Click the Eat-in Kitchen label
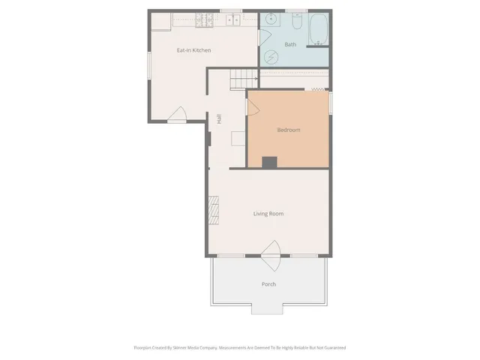pyautogui.click(x=193, y=50)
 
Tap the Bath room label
pyautogui.click(x=290, y=45)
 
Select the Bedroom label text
pyautogui.click(x=289, y=130)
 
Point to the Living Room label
pyautogui.click(x=268, y=214)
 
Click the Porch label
pyautogui.click(x=268, y=284)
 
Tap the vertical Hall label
pyautogui.click(x=219, y=118)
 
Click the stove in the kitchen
pyautogui.click(x=204, y=20)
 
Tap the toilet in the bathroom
pyautogui.click(x=297, y=24)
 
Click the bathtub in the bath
pyautogui.click(x=319, y=28)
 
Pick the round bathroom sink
pyautogui.click(x=270, y=20)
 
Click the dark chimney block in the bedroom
pyautogui.click(x=269, y=161)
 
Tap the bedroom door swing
pyautogui.click(x=253, y=105)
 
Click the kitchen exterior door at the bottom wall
pyautogui.click(x=178, y=114)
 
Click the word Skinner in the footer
pyautogui.click(x=185, y=347)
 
